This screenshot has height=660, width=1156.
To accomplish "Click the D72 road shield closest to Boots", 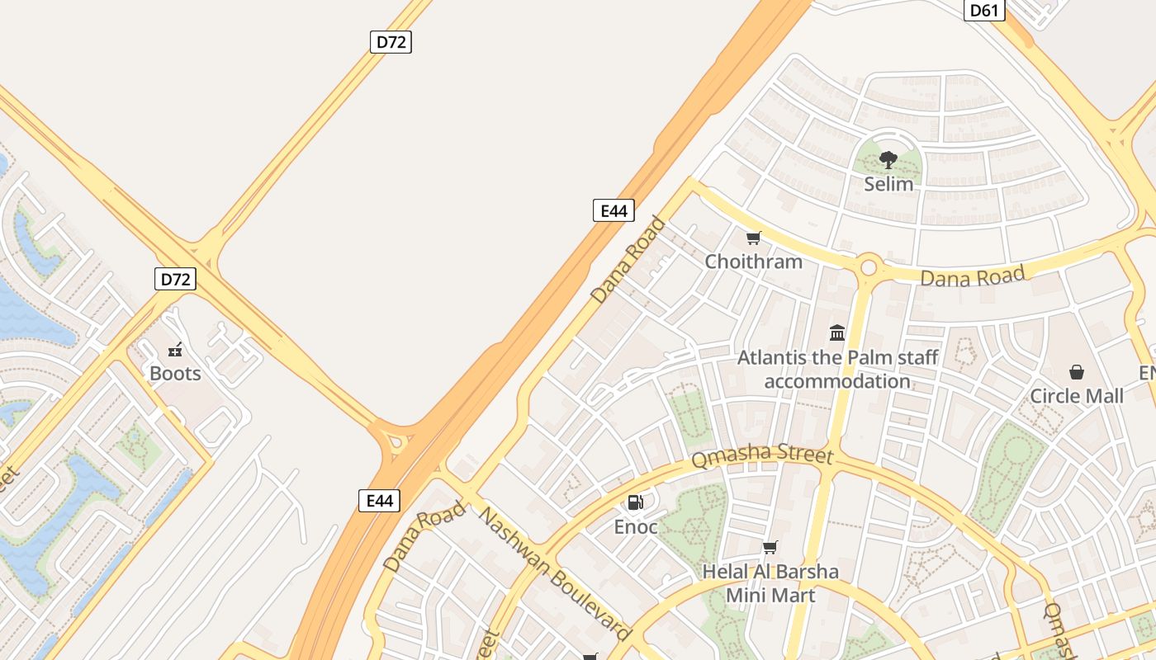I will click(x=175, y=279).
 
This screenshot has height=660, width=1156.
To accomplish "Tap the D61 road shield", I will click(x=984, y=10).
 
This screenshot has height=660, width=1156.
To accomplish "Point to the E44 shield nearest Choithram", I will click(x=614, y=210).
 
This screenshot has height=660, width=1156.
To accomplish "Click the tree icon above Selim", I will click(x=888, y=159).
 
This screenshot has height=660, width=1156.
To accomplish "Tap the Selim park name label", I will click(x=888, y=183).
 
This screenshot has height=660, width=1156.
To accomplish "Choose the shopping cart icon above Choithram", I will click(x=753, y=238).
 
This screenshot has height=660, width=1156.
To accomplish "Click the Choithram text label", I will click(x=753, y=262).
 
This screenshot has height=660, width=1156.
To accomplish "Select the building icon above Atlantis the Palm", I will click(x=837, y=333).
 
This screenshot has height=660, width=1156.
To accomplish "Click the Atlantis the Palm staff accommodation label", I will click(x=837, y=370).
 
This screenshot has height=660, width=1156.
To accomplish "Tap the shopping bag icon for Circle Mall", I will click(x=1077, y=372).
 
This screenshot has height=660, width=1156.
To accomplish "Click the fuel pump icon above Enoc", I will click(x=635, y=502).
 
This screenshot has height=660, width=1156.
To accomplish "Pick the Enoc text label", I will click(x=636, y=526).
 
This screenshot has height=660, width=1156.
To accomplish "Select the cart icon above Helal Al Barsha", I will click(x=770, y=547).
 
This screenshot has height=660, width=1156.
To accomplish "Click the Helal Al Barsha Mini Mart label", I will click(x=770, y=583).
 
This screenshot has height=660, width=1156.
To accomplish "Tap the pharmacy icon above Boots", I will click(x=175, y=350).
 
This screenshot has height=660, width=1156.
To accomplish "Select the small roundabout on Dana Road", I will click(x=868, y=267).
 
